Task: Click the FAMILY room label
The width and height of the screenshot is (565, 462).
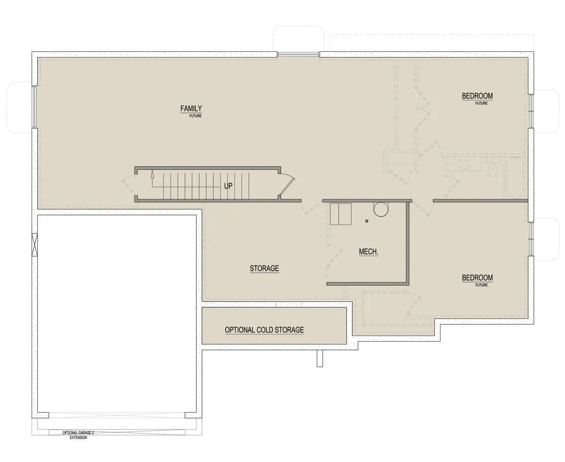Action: click(191, 108)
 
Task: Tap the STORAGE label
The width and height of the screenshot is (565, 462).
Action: click(264, 268)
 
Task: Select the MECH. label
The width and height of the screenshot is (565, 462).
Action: click(368, 252)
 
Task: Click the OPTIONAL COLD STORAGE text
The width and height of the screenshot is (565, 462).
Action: click(264, 330)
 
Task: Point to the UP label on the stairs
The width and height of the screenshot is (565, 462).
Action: click(228, 186)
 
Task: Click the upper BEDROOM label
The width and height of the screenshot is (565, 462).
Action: click(477, 96)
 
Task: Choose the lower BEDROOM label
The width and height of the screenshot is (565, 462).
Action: click(477, 278)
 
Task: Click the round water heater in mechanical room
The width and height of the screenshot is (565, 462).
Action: click(381, 209)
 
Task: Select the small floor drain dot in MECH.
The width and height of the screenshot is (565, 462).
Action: click(367, 221)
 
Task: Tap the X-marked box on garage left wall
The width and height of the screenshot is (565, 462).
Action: click(34, 245)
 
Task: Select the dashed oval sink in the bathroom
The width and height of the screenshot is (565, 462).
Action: click(464, 164)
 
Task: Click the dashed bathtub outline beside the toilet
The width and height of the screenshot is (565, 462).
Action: click(515, 178)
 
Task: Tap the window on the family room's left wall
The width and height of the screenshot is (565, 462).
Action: click(34, 107)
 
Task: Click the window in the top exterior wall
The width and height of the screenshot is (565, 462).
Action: click(299, 55)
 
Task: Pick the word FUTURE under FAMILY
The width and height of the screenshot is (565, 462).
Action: click(195, 116)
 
